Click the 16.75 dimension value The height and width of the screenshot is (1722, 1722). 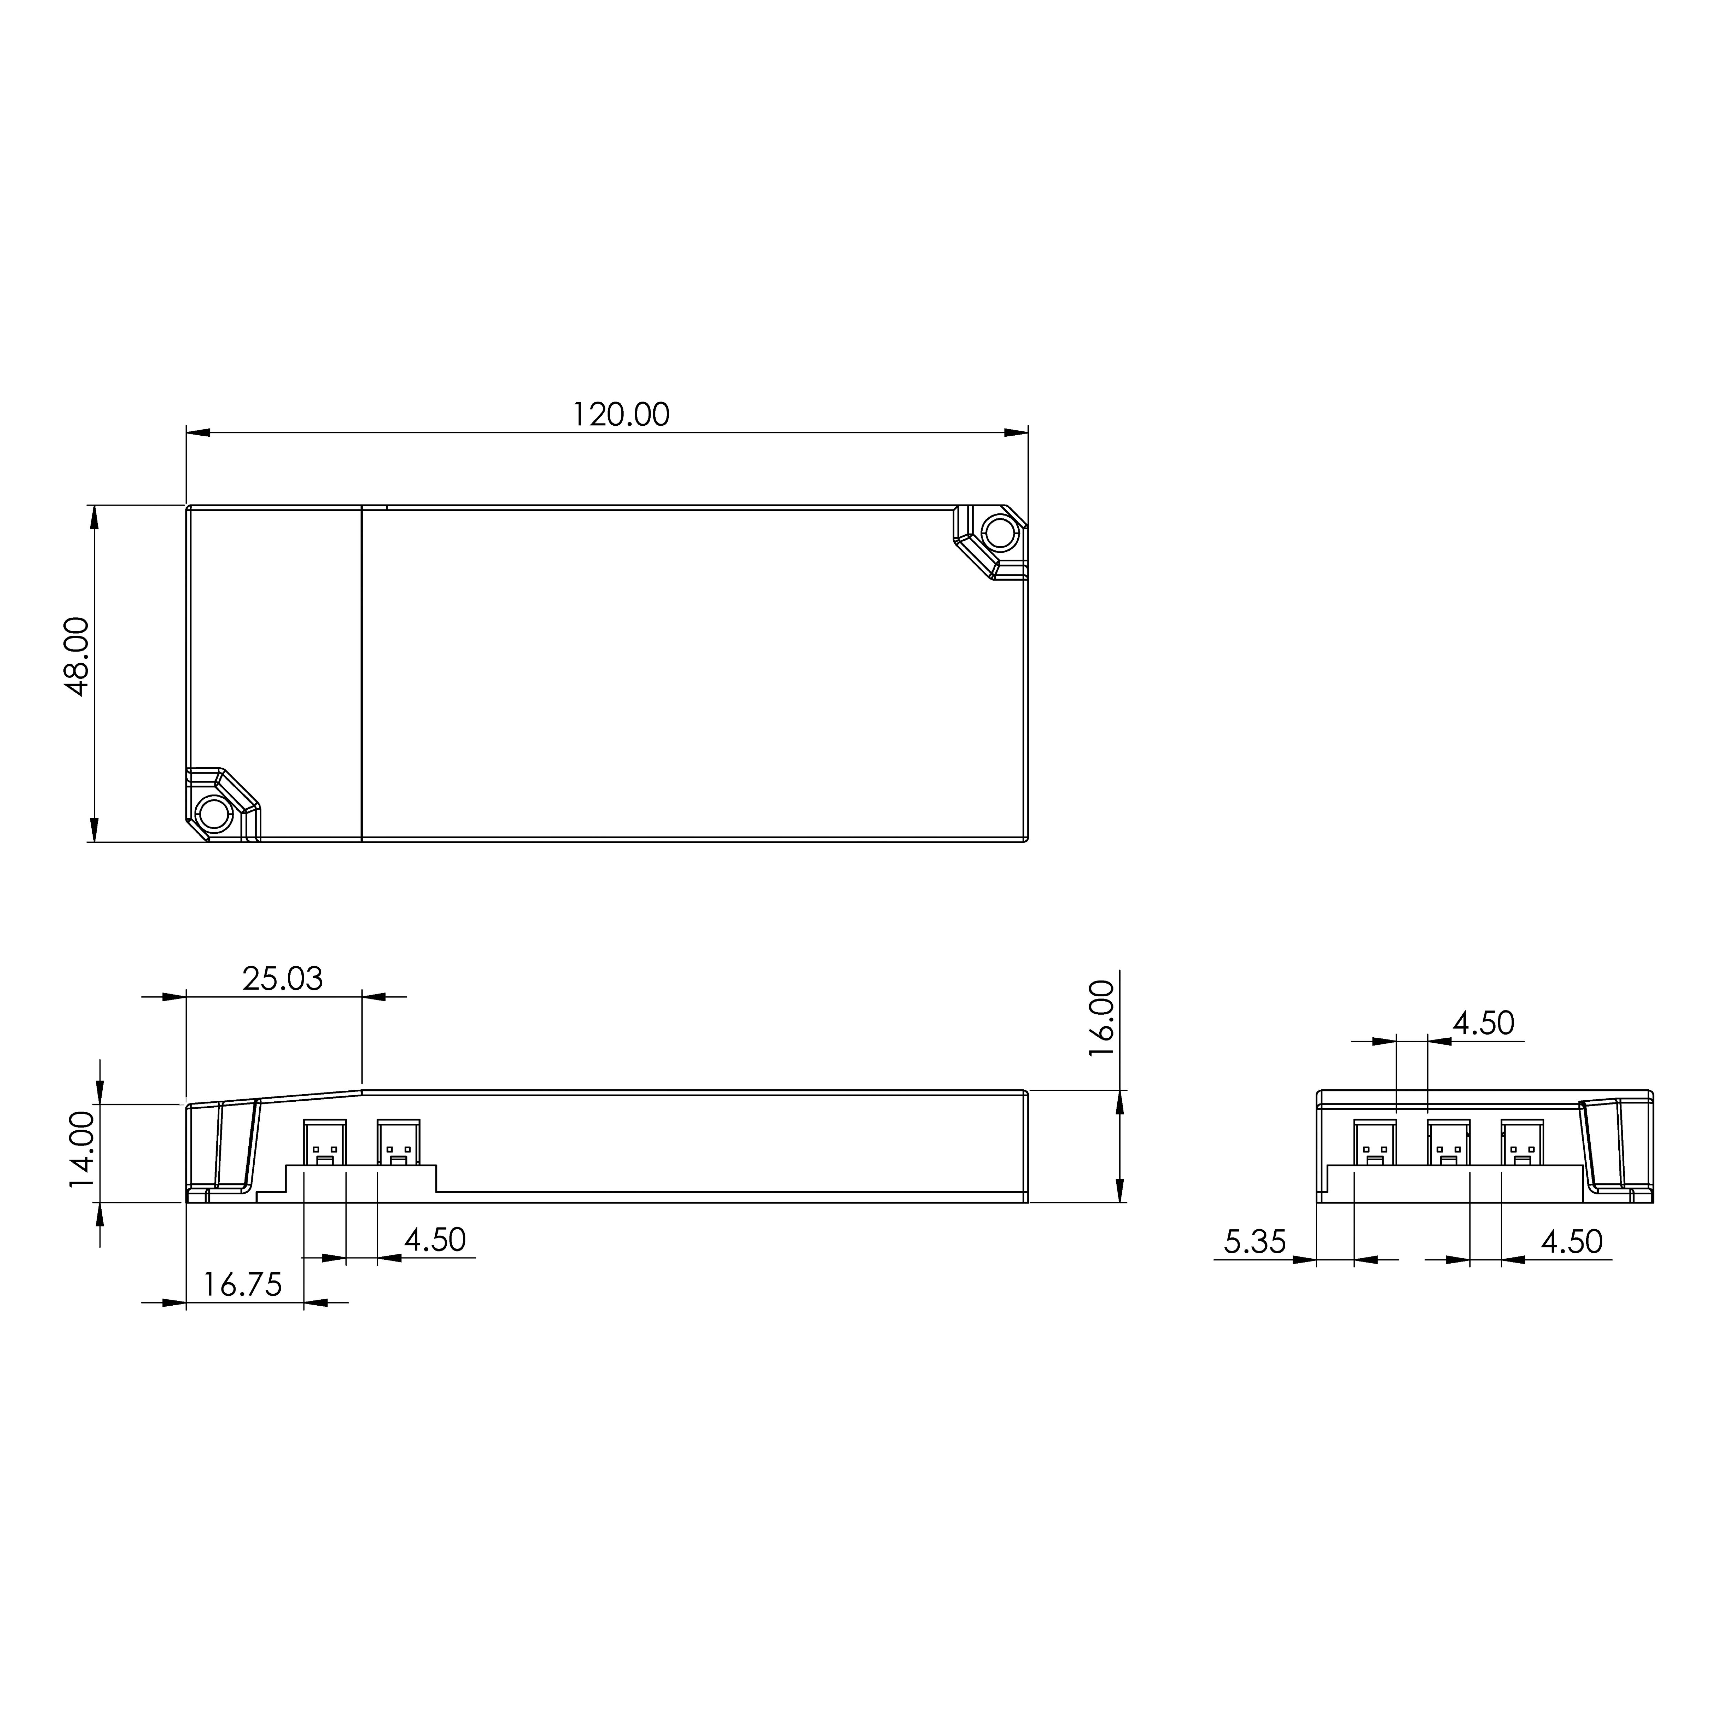(242, 1284)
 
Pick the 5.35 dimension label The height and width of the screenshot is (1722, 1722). (1255, 1242)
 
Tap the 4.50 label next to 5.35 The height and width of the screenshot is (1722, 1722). (1572, 1242)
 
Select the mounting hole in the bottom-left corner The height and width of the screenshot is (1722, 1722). (214, 813)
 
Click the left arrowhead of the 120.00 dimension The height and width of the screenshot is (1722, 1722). (198, 433)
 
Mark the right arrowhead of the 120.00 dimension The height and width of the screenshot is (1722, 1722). (1016, 433)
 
